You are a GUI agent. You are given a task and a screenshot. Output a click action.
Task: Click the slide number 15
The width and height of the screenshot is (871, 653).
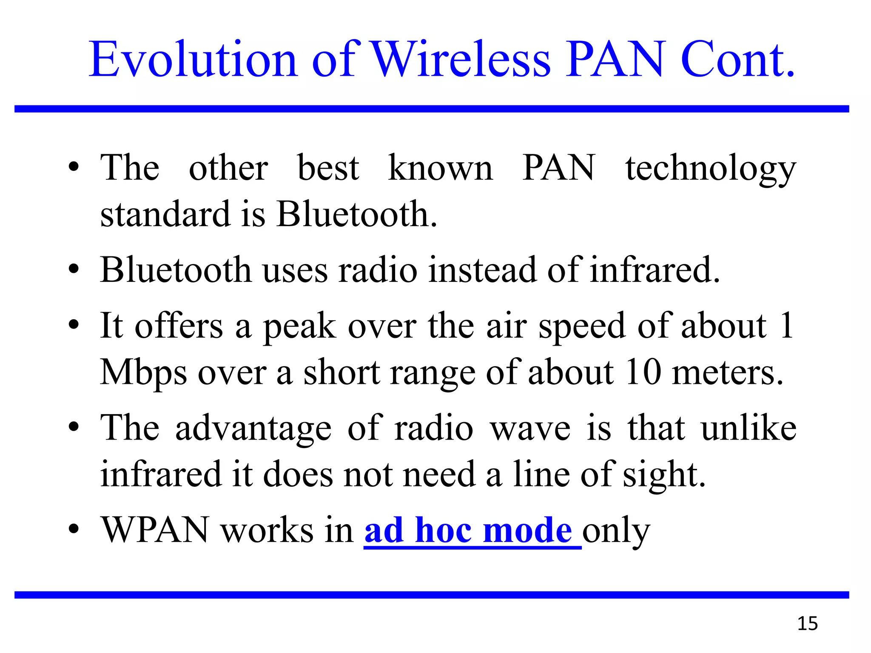click(807, 624)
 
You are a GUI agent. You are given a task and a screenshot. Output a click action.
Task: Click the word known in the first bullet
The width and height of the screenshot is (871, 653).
click(440, 168)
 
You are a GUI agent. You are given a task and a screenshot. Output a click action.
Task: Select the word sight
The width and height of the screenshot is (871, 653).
click(664, 475)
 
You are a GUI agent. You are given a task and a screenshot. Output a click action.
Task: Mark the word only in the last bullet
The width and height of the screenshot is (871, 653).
click(616, 531)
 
